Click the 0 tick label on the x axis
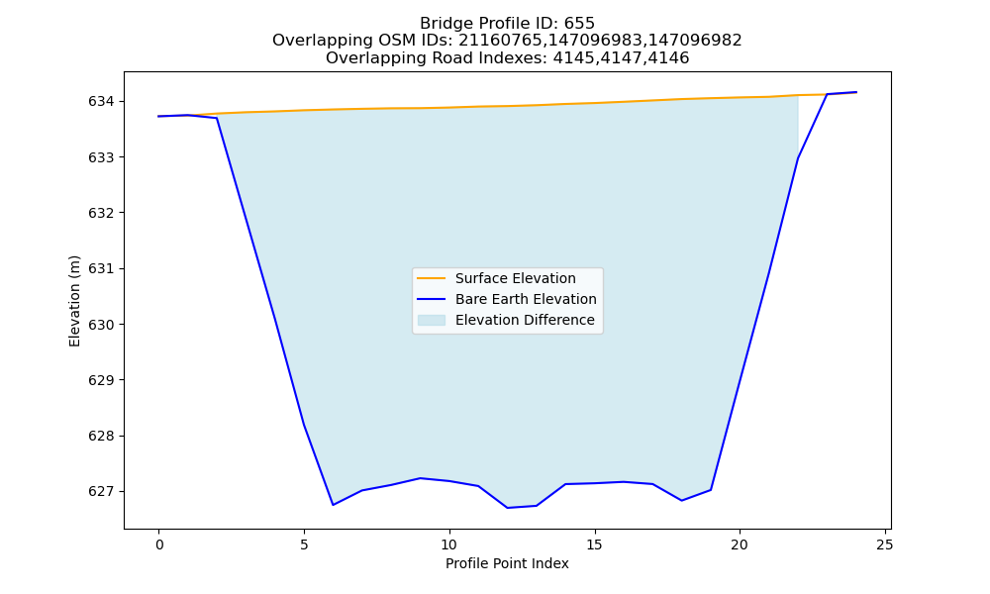tap(159, 544)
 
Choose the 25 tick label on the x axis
tap(885, 544)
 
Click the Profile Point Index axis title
tap(507, 563)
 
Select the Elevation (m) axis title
tap(74, 301)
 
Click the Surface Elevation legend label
tap(515, 278)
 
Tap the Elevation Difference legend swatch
tap(432, 320)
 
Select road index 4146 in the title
tap(668, 58)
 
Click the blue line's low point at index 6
tap(333, 505)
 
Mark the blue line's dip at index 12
tap(507, 508)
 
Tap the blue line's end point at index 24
tap(856, 92)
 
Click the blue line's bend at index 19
tap(711, 490)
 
